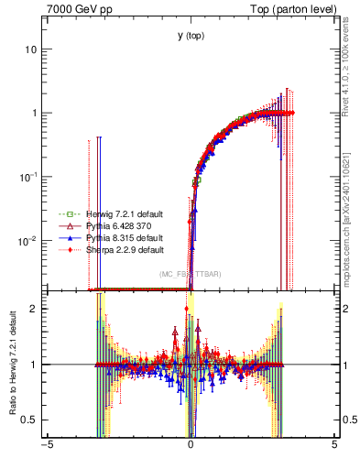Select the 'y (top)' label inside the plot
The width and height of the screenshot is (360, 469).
[191, 37]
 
